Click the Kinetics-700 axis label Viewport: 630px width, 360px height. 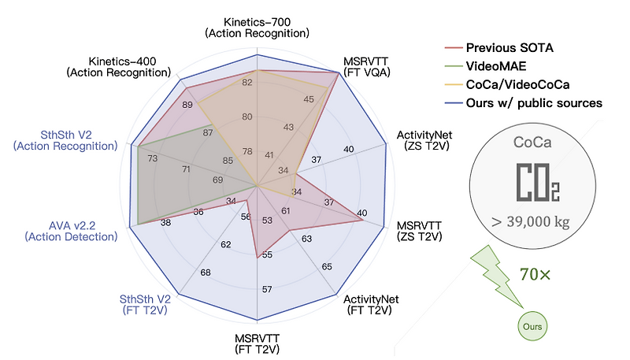click(257, 27)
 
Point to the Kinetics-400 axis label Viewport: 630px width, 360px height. click(130, 67)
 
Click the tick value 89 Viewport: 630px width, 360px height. click(187, 105)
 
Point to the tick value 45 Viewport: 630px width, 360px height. click(308, 99)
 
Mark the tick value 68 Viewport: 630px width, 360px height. click(206, 273)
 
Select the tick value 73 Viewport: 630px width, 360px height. click(152, 158)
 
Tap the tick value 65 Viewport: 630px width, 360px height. click(327, 267)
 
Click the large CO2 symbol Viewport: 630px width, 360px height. click(538, 183)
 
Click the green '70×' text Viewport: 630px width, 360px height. click(536, 275)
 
